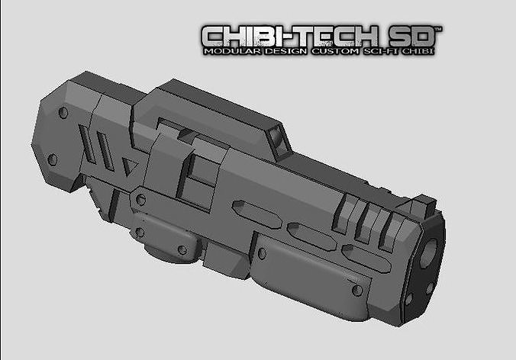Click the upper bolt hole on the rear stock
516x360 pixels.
click(x=63, y=113)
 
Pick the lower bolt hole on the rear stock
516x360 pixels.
click(x=52, y=159)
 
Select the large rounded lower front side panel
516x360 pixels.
click(x=305, y=271)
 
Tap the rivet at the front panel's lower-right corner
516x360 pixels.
click(x=357, y=290)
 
